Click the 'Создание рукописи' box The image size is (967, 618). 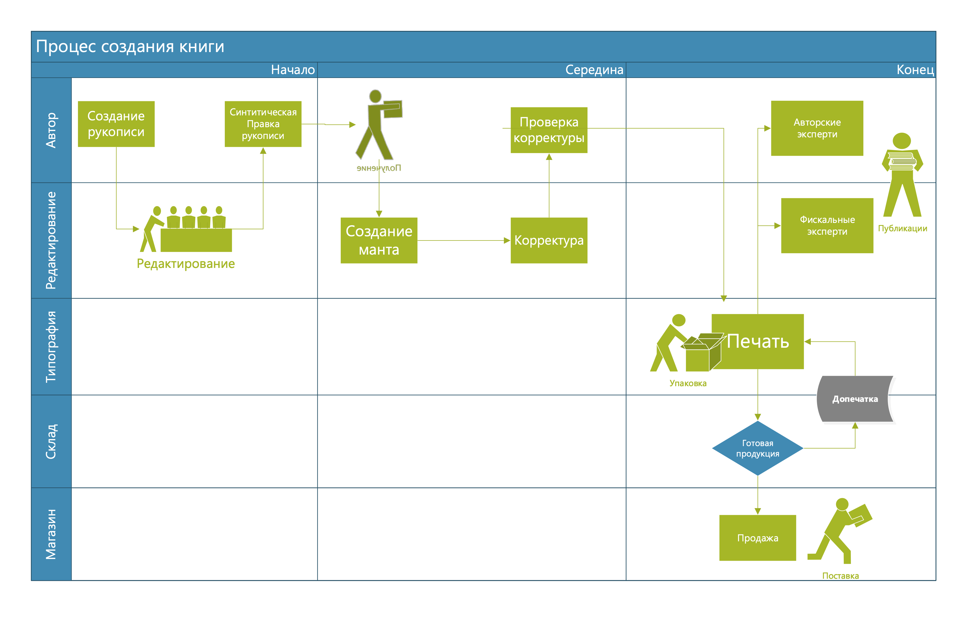[x=116, y=124]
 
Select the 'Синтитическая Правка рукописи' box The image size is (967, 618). [x=263, y=124]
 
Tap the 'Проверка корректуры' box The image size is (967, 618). [x=549, y=130]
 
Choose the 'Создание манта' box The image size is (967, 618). [x=379, y=240]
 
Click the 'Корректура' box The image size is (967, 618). [x=549, y=240]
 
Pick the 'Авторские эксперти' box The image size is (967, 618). [x=817, y=128]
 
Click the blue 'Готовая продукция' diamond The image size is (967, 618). [x=758, y=448]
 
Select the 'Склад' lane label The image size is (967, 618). [x=51, y=441]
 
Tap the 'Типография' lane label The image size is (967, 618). [x=51, y=347]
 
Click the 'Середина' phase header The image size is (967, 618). [x=594, y=70]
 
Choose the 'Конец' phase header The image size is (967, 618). [x=915, y=70]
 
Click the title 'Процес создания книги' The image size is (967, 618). [x=130, y=47]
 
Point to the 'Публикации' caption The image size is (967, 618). [x=902, y=228]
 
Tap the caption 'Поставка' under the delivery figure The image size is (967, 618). [x=841, y=576]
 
